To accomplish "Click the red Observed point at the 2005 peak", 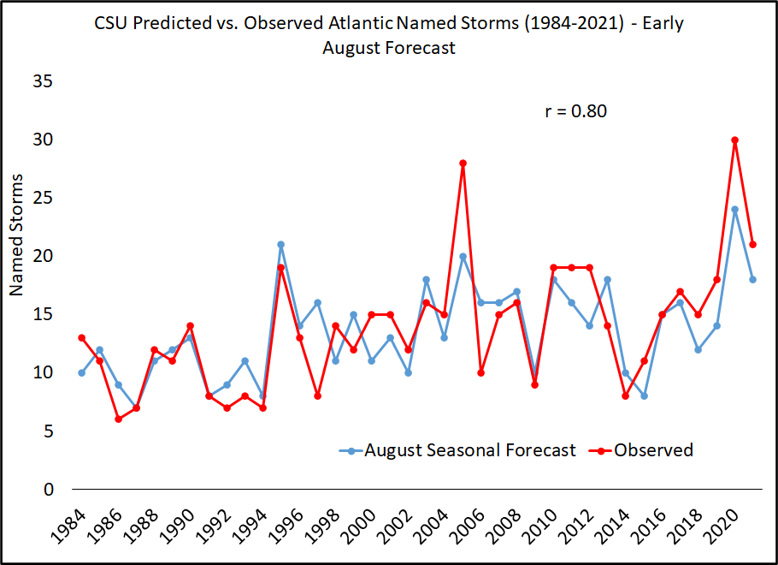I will coord(463,163).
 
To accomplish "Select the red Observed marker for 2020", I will coord(734,140).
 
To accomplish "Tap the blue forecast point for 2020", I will coord(734,210).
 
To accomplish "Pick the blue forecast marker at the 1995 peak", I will coord(280,244).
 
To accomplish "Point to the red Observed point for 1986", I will coord(118,419).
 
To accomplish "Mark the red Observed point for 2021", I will coord(752,244).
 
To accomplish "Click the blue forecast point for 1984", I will coord(81,372).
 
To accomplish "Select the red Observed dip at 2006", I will coord(480,372).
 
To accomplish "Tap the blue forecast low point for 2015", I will coord(644,395).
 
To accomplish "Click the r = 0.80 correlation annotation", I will coord(575,110).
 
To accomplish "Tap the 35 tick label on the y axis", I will coord(43,81).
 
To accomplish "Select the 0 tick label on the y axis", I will coord(48,489).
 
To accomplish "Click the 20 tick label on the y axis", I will coord(43,256).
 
